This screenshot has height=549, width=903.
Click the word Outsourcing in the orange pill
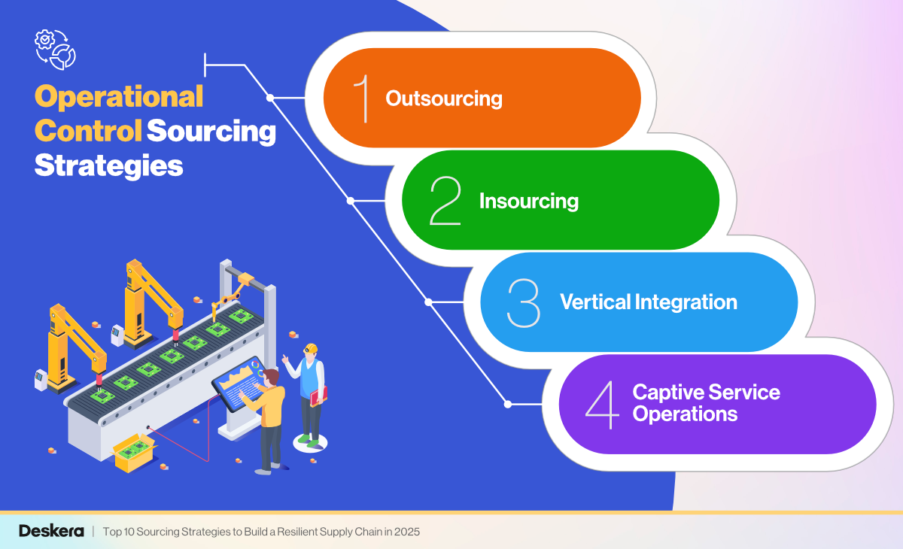coord(443,99)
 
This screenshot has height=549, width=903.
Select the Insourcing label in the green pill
coord(528,201)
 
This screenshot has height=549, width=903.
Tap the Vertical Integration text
coord(648,302)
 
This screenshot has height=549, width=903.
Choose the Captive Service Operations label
coord(706,403)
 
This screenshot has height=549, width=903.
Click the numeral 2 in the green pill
coord(445,201)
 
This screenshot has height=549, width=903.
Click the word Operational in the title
coord(119,97)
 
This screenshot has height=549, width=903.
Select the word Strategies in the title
coord(109,165)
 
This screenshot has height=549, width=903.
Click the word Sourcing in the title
coord(211,131)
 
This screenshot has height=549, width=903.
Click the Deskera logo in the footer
coord(47,531)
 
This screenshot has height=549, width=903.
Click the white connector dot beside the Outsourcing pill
coord(270,98)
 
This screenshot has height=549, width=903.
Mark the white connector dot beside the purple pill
coord(507,404)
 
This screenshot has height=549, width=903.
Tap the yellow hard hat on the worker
coord(311,348)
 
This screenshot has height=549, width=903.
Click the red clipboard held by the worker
coord(319,396)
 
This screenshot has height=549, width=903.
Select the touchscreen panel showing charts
coord(238,384)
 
